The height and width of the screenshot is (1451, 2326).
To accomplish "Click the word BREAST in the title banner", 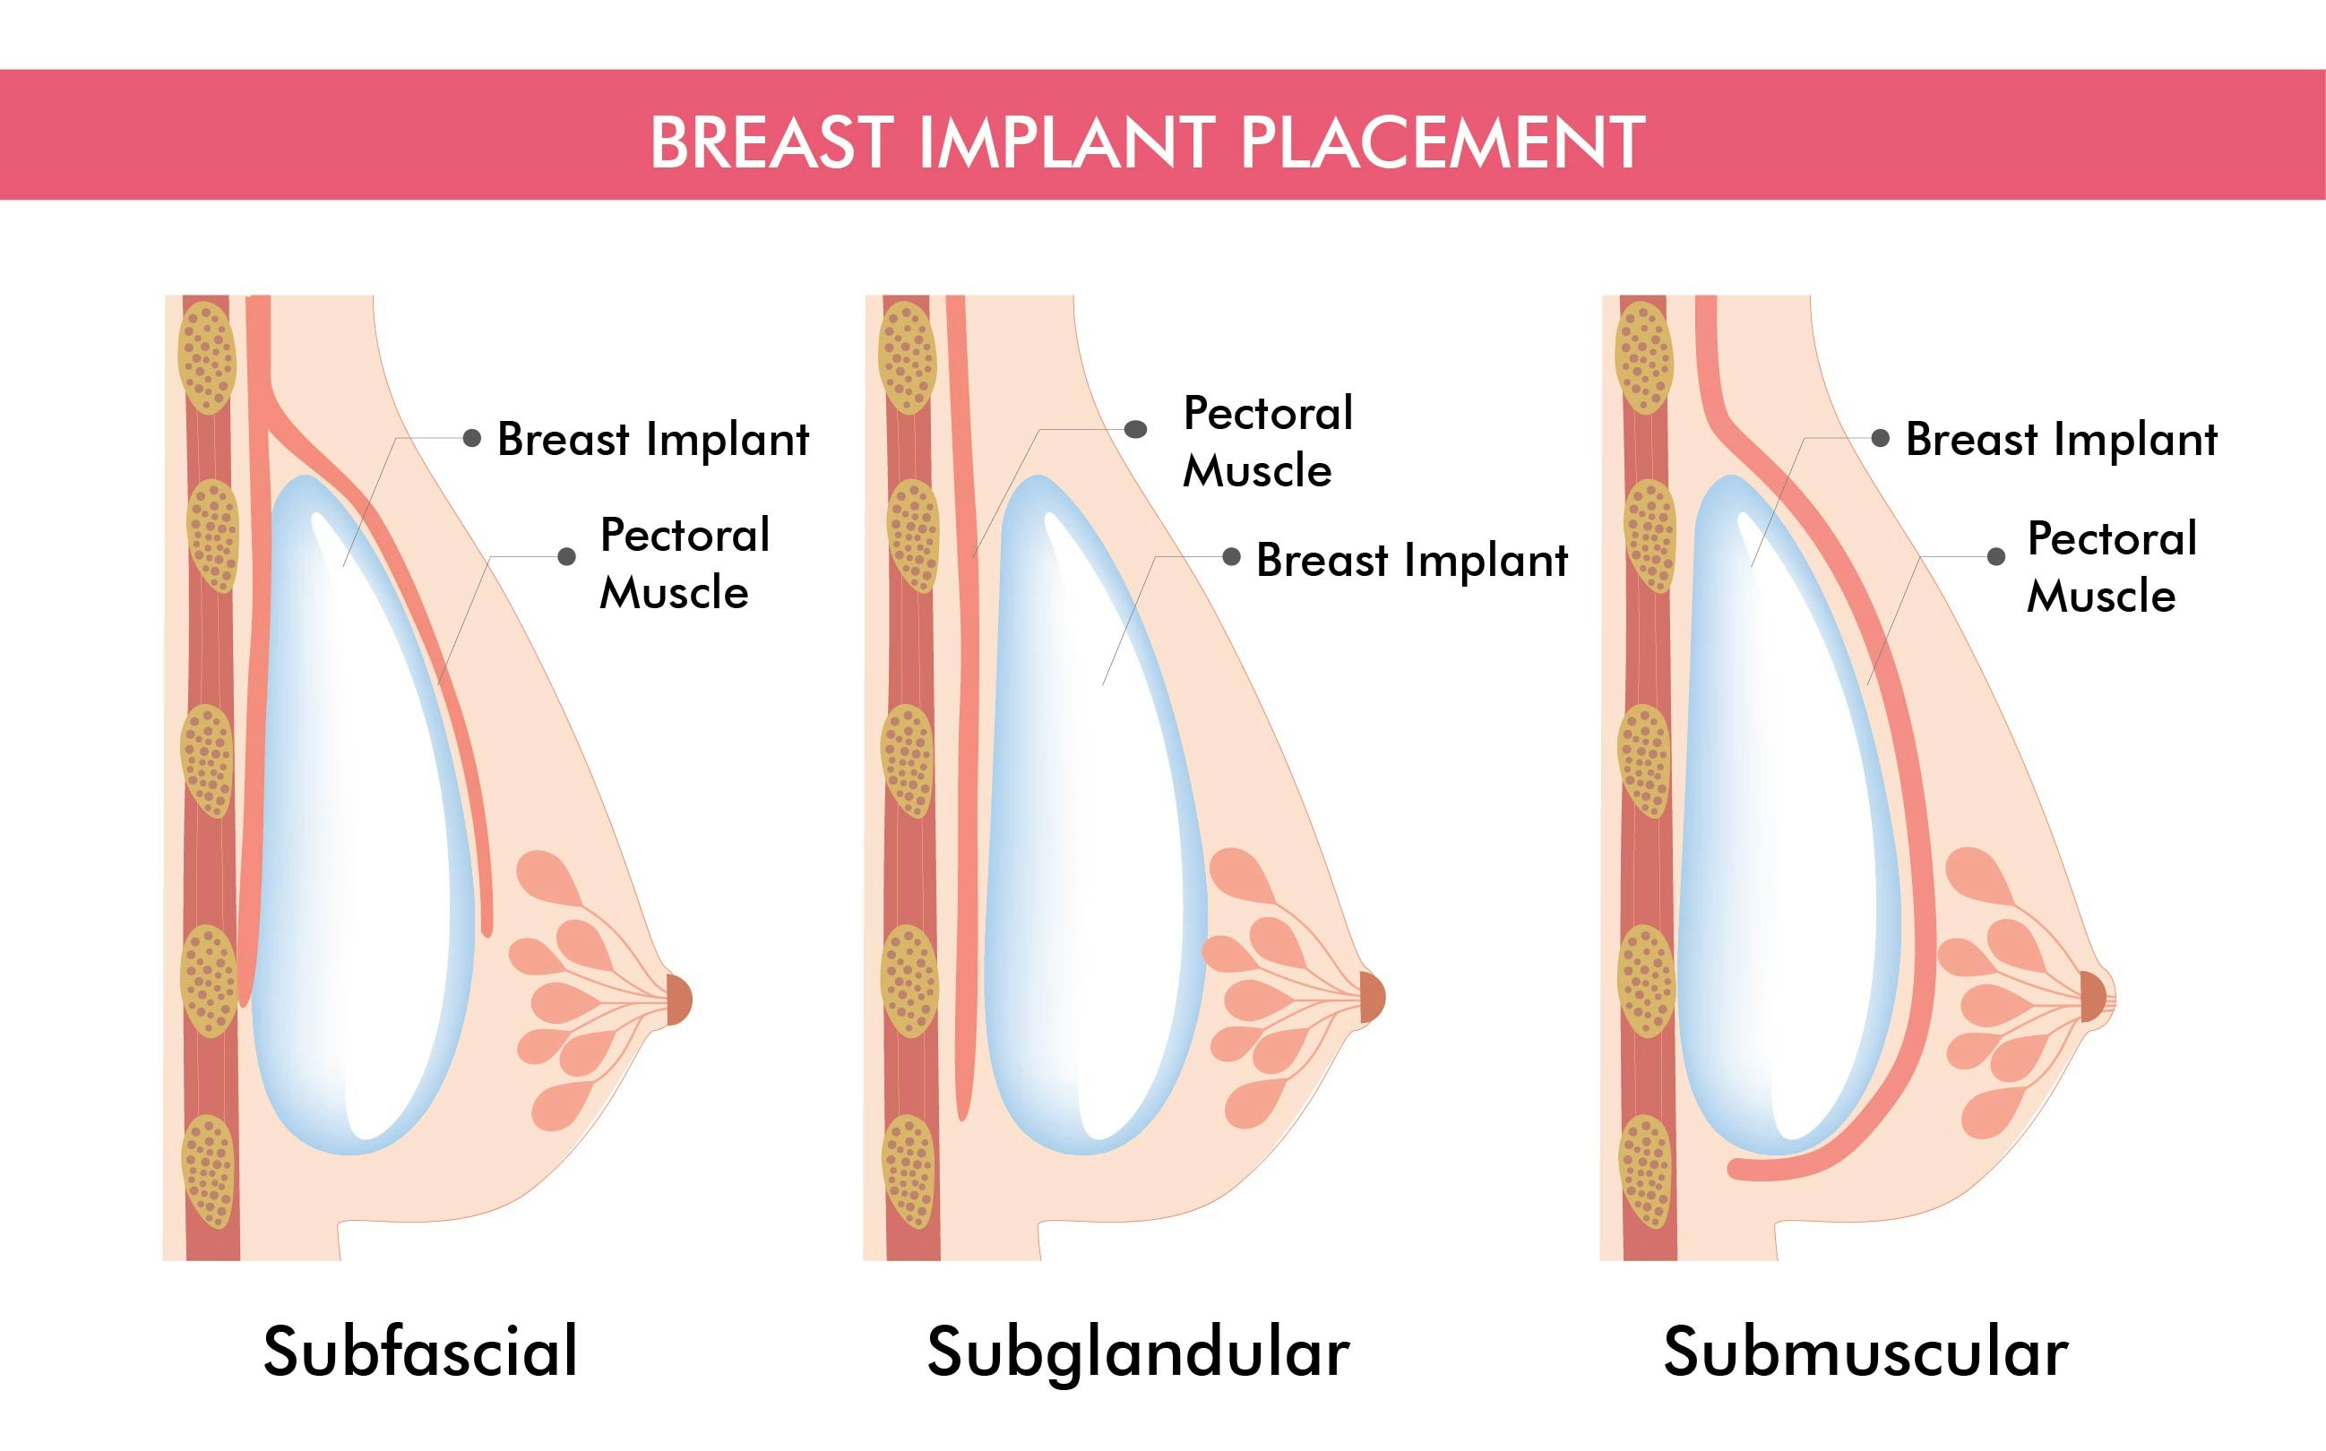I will (770, 142).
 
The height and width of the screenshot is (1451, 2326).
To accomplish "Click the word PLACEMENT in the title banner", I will (1443, 142).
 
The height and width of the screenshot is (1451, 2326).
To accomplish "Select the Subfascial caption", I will (420, 1352).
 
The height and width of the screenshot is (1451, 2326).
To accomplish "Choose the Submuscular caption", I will (1865, 1352).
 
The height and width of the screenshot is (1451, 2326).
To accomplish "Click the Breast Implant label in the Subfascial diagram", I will (653, 440).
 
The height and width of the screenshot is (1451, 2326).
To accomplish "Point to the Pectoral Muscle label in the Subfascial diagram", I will (684, 563).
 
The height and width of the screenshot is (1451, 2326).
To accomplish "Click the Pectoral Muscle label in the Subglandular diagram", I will (1267, 442).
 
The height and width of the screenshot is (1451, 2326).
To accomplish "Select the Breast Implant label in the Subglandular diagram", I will (1411, 560).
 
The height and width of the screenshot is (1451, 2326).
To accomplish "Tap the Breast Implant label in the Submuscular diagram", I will (2061, 440).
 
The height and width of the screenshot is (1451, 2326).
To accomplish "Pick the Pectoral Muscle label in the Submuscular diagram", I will (2111, 567).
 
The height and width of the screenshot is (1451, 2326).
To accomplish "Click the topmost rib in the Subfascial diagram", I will (207, 357).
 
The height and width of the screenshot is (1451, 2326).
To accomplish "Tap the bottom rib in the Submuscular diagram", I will (1645, 1171).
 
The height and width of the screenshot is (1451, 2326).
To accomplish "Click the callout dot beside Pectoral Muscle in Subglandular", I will (1135, 429).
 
